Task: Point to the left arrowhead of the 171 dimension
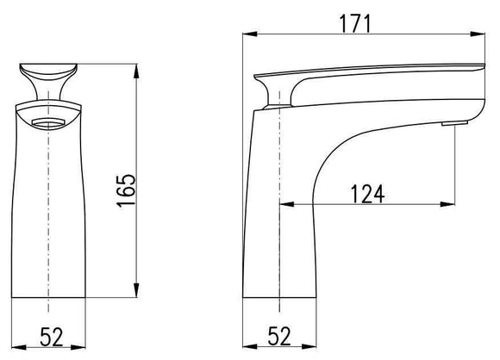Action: [x=246, y=35]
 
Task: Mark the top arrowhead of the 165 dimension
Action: [x=136, y=65]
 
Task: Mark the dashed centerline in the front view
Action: [x=49, y=215]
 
